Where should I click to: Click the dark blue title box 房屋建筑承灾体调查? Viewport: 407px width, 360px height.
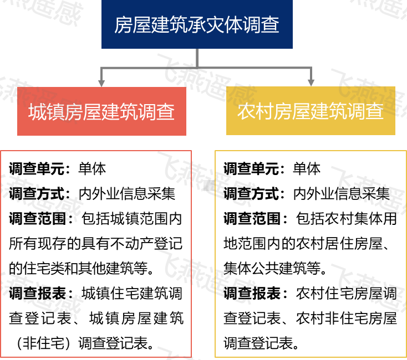click(x=197, y=24)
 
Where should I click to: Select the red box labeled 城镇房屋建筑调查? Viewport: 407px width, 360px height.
click(x=101, y=111)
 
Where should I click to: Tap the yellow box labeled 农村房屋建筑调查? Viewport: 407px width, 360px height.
click(x=311, y=111)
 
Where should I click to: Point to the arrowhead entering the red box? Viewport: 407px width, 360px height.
click(x=101, y=81)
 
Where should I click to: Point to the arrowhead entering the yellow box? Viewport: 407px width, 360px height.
click(x=311, y=81)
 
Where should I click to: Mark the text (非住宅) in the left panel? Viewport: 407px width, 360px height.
click(x=43, y=343)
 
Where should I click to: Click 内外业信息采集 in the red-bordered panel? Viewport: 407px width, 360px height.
click(x=127, y=193)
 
